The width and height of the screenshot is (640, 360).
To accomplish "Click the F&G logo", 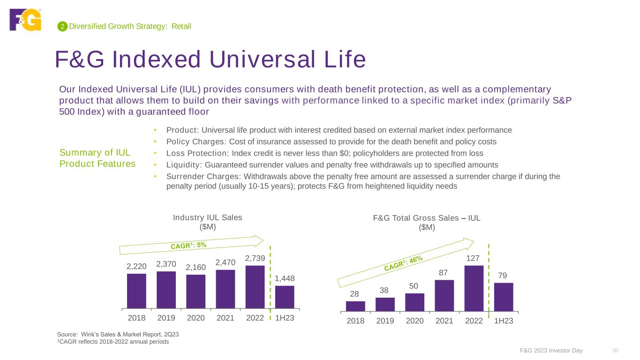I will (x=25, y=20).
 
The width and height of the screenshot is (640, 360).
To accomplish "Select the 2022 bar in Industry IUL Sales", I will (x=255, y=287).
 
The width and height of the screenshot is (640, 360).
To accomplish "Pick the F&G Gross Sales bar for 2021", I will (x=444, y=295).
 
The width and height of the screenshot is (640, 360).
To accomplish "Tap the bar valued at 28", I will (x=355, y=306).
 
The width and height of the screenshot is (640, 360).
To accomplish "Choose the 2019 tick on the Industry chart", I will (x=166, y=318).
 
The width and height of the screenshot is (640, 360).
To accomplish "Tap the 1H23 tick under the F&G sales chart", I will (x=504, y=321).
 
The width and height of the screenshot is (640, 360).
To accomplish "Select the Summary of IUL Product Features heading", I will (x=97, y=158).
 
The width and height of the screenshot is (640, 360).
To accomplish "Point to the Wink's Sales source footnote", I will (x=118, y=334).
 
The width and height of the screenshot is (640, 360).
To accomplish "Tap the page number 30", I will (x=616, y=351).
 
